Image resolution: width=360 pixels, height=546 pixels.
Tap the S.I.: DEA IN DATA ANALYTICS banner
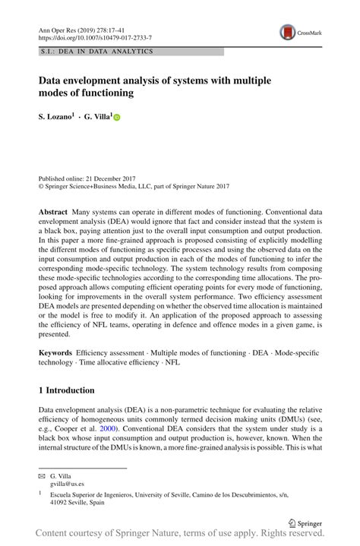point(99,52)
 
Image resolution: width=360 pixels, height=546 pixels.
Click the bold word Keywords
point(55,353)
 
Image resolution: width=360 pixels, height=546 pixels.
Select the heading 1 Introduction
point(67,390)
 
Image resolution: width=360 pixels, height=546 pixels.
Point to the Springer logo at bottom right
point(303,523)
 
